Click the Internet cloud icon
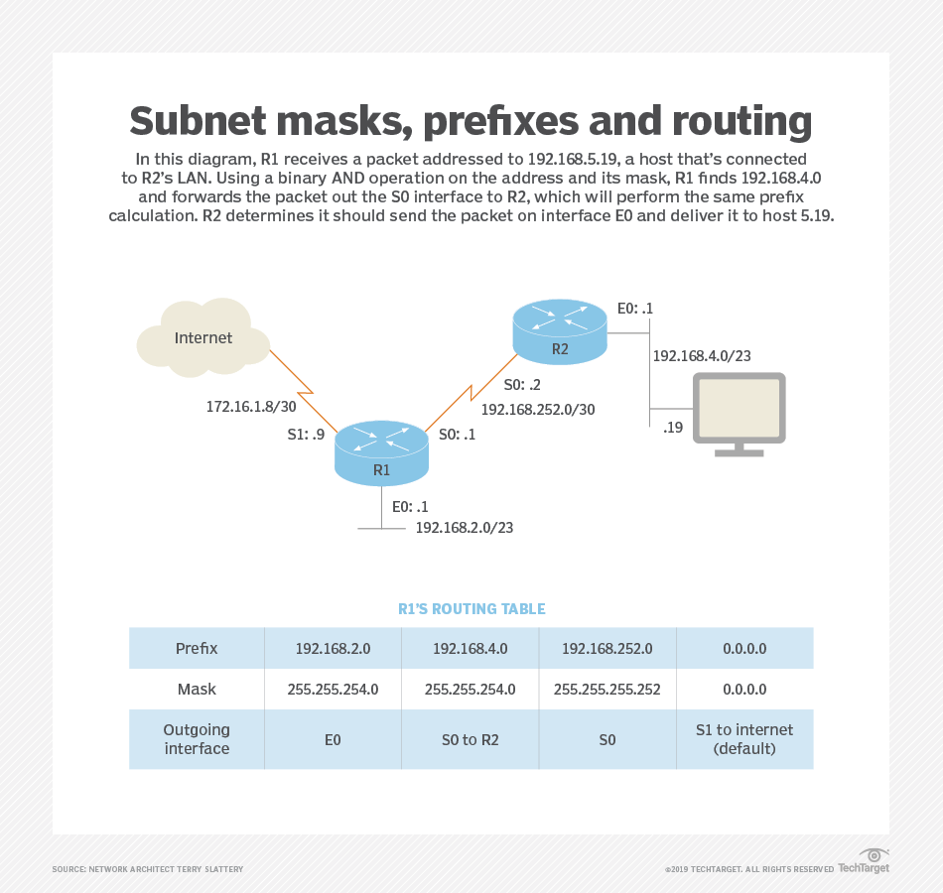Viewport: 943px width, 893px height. [203, 337]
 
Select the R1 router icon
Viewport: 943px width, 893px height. [381, 451]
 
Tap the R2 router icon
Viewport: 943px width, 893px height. [560, 330]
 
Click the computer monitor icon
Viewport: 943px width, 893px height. [740, 414]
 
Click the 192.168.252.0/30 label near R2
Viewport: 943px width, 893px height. [538, 408]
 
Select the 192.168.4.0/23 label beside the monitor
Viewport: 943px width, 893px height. [702, 354]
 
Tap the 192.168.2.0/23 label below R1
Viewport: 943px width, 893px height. [465, 527]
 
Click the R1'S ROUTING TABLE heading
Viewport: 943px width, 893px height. [471, 608]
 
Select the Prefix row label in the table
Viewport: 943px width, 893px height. [197, 649]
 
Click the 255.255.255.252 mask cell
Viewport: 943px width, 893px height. [607, 688]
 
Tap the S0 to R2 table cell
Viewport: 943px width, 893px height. [471, 739]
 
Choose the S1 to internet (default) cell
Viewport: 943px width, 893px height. [744, 739]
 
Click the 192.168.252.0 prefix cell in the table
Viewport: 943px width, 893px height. [607, 649]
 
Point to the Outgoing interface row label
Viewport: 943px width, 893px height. [197, 739]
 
